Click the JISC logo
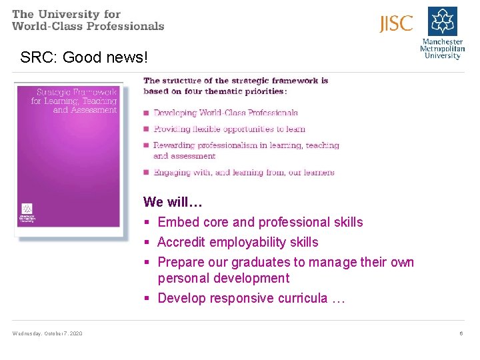point(397,24)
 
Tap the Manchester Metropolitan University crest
point(442,21)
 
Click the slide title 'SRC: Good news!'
point(83,57)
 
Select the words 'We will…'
point(173,201)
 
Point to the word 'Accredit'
point(181,242)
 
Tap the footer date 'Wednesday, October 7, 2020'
point(47,333)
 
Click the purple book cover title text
point(74,101)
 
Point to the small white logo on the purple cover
point(27,208)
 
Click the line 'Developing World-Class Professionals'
point(225,113)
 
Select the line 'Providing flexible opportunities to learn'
point(229,129)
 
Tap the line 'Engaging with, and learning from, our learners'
point(243,172)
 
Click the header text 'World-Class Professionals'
point(88,26)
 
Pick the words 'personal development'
point(223,278)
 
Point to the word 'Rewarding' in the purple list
point(172,145)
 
